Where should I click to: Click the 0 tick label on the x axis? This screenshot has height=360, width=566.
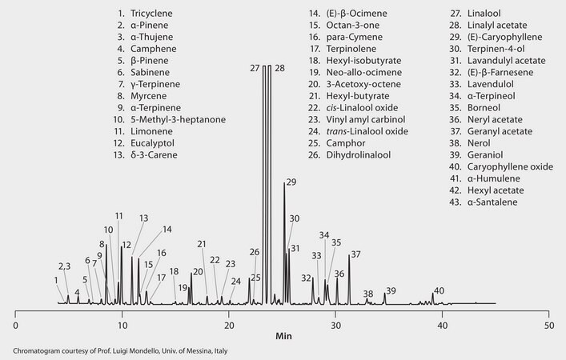15,326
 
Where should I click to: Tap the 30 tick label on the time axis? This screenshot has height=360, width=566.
336,326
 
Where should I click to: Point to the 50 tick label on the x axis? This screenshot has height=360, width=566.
549,326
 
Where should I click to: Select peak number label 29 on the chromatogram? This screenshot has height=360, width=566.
291,182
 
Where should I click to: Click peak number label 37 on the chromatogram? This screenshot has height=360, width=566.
355,254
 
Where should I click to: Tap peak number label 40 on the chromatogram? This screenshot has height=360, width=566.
439,290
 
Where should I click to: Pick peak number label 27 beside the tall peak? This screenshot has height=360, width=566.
255,69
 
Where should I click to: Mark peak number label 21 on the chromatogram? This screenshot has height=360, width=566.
202,244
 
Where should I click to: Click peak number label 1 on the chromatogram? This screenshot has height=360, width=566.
56,280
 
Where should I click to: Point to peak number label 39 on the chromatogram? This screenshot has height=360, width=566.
391,290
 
